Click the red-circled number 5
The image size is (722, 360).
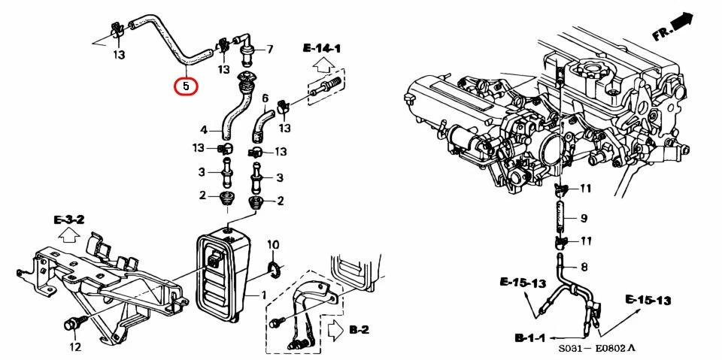pyautogui.click(x=186, y=86)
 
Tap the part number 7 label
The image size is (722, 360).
pyautogui.click(x=269, y=50)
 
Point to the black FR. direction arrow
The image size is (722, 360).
pyautogui.click(x=682, y=23)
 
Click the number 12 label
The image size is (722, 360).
pyautogui.click(x=74, y=346)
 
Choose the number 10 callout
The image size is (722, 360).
pyautogui.click(x=274, y=244)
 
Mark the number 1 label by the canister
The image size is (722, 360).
pyautogui.click(x=264, y=295)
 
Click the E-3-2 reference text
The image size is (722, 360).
pyautogui.click(x=68, y=220)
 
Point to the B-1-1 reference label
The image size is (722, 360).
pyautogui.click(x=531, y=339)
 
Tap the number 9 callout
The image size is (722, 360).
pyautogui.click(x=583, y=219)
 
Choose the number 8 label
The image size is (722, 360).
pyautogui.click(x=583, y=266)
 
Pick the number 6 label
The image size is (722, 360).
pyautogui.click(x=265, y=98)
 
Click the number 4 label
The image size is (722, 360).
pyautogui.click(x=203, y=130)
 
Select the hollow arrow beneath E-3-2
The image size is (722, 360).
pyautogui.click(x=68, y=236)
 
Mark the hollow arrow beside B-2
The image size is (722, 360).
pyautogui.click(x=335, y=329)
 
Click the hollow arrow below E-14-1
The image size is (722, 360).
pyautogui.click(x=320, y=65)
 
